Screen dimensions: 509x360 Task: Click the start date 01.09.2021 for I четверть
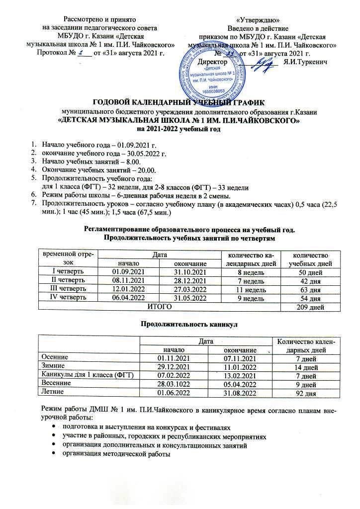(x=128, y=272)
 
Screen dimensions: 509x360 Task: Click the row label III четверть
(x=68, y=289)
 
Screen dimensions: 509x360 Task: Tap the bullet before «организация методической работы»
(x=53, y=455)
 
